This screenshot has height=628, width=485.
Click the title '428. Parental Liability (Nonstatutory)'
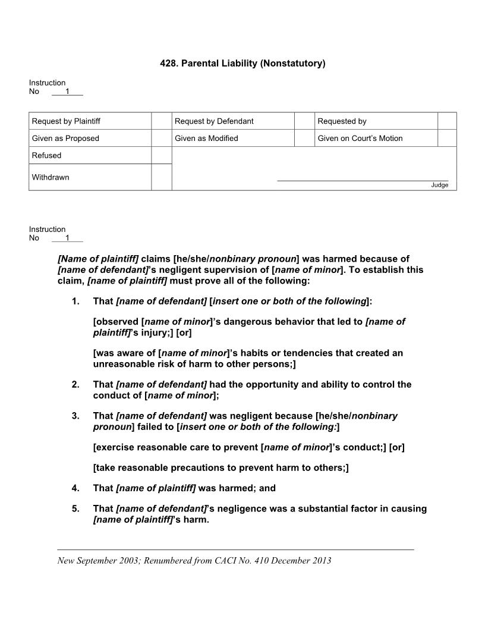pyautogui.click(x=242, y=63)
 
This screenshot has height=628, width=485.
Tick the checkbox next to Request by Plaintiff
pyautogui.click(x=161, y=121)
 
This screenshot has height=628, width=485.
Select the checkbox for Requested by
pyautogui.click(x=447, y=121)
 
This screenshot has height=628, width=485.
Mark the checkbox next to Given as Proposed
pyautogui.click(x=161, y=139)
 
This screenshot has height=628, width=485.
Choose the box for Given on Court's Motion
pyautogui.click(x=447, y=139)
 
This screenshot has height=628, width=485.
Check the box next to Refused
pyautogui.click(x=161, y=155)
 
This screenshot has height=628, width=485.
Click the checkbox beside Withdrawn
pyautogui.click(x=161, y=177)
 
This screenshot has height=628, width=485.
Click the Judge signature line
pyautogui.click(x=363, y=180)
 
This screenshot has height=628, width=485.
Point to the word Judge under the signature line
pyautogui.click(x=439, y=185)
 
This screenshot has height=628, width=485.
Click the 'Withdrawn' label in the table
pyautogui.click(x=51, y=177)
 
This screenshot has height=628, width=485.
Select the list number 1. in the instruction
pyautogui.click(x=75, y=302)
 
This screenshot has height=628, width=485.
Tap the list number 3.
pyautogui.click(x=75, y=416)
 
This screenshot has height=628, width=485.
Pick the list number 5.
pyautogui.click(x=75, y=509)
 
